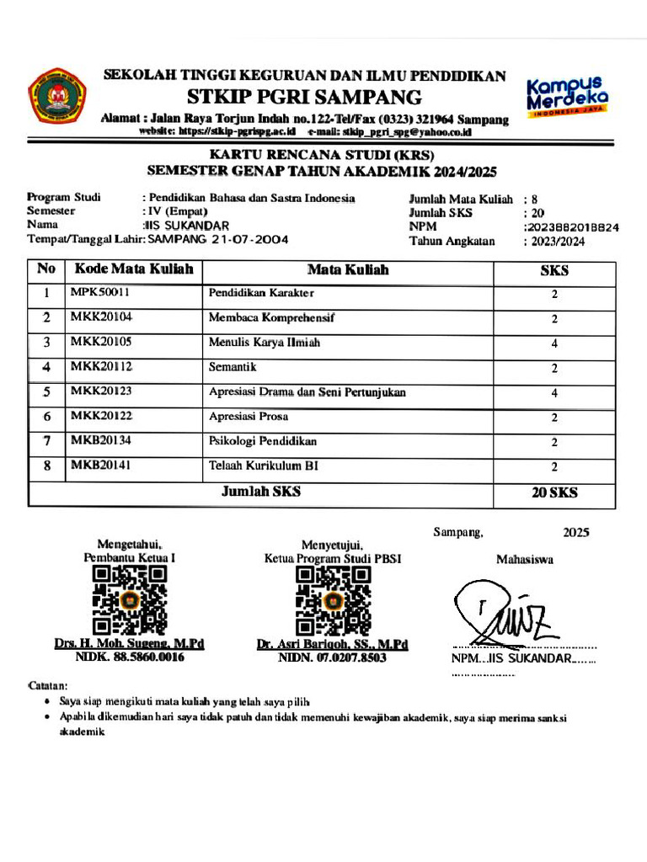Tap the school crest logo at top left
[52, 96]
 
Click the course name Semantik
[232, 368]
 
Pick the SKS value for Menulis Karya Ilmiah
[554, 343]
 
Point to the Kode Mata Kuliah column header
[134, 270]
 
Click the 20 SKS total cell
[554, 493]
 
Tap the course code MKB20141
[101, 466]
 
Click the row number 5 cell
[47, 392]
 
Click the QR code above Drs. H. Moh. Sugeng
[129, 600]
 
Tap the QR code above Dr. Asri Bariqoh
[332, 600]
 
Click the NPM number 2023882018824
[573, 227]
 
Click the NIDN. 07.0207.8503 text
[332, 658]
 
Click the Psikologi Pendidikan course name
[262, 441]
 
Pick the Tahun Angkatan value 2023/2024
[556, 242]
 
